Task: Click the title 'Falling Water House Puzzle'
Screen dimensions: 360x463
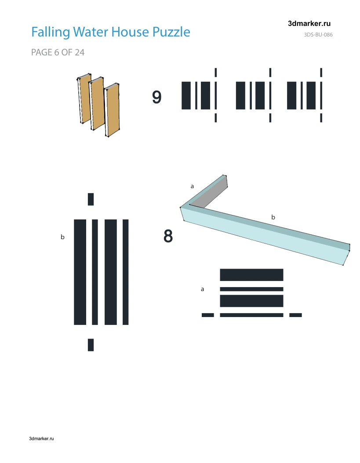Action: [111, 32]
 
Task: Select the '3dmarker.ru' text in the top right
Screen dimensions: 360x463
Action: [309, 24]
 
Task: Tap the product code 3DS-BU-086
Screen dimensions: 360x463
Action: [318, 35]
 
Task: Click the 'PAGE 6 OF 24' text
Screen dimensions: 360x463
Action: [58, 52]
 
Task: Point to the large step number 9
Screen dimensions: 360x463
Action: [156, 97]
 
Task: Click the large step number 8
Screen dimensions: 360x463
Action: [168, 236]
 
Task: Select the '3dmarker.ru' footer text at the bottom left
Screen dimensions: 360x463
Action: [41, 438]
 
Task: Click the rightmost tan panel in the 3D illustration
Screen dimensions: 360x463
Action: [113, 110]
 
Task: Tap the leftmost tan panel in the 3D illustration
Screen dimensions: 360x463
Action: [85, 98]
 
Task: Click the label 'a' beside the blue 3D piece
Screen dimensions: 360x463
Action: [192, 186]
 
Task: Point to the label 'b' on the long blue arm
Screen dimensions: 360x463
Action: [273, 217]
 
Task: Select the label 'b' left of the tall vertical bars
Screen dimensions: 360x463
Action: [62, 237]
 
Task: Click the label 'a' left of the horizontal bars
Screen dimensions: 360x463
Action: [203, 289]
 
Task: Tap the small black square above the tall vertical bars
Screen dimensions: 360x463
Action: [91, 199]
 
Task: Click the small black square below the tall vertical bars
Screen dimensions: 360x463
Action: [91, 345]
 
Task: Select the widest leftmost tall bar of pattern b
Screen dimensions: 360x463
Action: [80, 272]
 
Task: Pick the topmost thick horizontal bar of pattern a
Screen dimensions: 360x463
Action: [252, 275]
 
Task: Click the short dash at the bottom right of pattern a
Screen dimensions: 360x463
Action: [296, 315]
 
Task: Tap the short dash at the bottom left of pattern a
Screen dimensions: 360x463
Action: [208, 315]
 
